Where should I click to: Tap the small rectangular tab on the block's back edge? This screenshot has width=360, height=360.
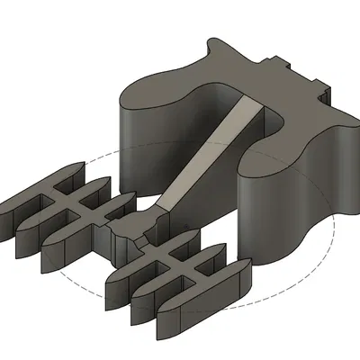pos(280,61)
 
